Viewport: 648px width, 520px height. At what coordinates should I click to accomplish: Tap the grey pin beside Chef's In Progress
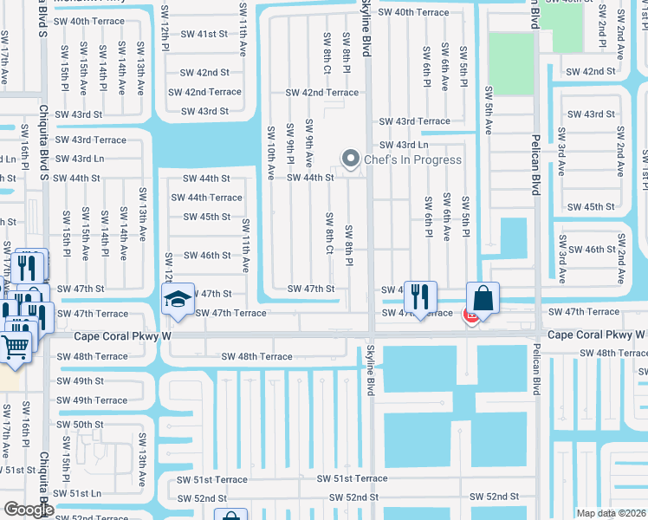click(351, 159)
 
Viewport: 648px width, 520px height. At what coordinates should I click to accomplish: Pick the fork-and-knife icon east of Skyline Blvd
click(420, 298)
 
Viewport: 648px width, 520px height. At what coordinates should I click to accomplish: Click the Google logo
click(28, 510)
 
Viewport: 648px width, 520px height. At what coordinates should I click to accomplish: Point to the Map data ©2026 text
click(611, 513)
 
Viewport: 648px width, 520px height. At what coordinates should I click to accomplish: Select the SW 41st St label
click(205, 33)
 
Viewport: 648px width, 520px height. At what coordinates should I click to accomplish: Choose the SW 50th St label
click(82, 425)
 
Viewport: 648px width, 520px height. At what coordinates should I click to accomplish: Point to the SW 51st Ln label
click(81, 492)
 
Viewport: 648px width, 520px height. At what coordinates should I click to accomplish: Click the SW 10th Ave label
click(270, 152)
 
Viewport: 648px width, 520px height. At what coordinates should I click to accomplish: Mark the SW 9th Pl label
click(290, 147)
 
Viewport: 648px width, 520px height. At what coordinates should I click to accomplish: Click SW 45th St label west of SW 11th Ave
click(206, 217)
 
